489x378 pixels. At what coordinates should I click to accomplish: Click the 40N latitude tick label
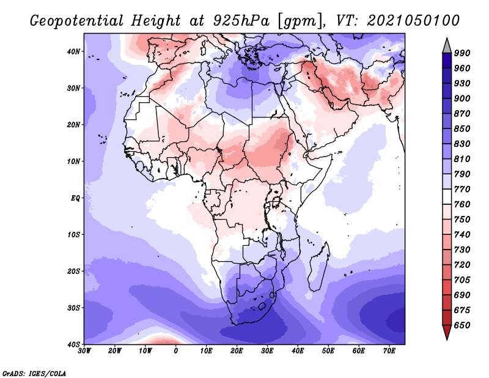click(x=73, y=51)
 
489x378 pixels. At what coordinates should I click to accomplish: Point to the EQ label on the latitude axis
click(x=75, y=198)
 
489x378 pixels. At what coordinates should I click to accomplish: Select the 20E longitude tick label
click(x=237, y=351)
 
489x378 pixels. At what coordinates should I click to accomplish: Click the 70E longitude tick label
click(x=389, y=351)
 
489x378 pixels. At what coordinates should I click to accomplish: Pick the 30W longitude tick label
click(x=84, y=351)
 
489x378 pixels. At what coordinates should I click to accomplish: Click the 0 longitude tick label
click(x=176, y=351)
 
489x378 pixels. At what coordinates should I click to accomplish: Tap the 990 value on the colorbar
click(x=462, y=53)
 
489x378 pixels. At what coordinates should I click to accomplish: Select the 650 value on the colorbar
click(x=462, y=325)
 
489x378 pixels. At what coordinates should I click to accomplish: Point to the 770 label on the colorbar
click(x=462, y=189)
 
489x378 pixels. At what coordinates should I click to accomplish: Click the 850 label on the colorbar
click(x=462, y=128)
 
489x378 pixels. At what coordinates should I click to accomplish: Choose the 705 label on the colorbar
click(x=462, y=280)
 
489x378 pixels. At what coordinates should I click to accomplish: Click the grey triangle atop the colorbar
click(x=447, y=46)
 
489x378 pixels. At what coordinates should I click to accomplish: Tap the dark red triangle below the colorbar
click(x=447, y=332)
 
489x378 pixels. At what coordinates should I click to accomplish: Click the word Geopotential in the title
click(x=77, y=21)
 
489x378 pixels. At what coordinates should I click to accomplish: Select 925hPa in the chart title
click(x=241, y=21)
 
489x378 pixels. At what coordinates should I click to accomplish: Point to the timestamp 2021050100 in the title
click(x=413, y=21)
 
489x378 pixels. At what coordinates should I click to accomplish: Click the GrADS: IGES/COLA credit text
click(x=34, y=373)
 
